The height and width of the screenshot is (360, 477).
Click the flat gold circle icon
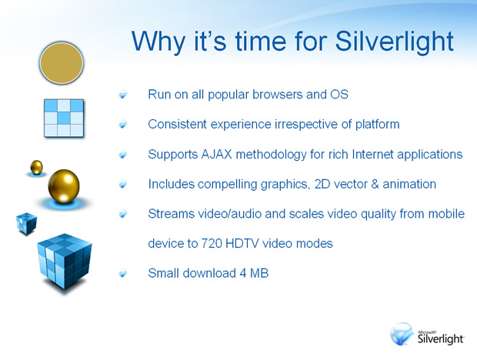61,63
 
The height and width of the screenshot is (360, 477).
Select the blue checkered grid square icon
64,118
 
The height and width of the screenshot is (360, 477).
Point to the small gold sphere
36,167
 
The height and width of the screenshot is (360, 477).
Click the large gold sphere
64,186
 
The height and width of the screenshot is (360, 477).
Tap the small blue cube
26,223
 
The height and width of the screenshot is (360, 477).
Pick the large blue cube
65,261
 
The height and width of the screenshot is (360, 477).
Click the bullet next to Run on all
123,95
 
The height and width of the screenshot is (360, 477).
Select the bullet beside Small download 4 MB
123,274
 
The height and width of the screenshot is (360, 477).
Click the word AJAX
217,154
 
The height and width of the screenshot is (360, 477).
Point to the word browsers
278,95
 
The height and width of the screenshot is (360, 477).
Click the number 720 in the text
212,244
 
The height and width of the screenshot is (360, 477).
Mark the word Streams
172,214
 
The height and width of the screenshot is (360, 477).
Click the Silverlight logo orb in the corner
402,334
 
